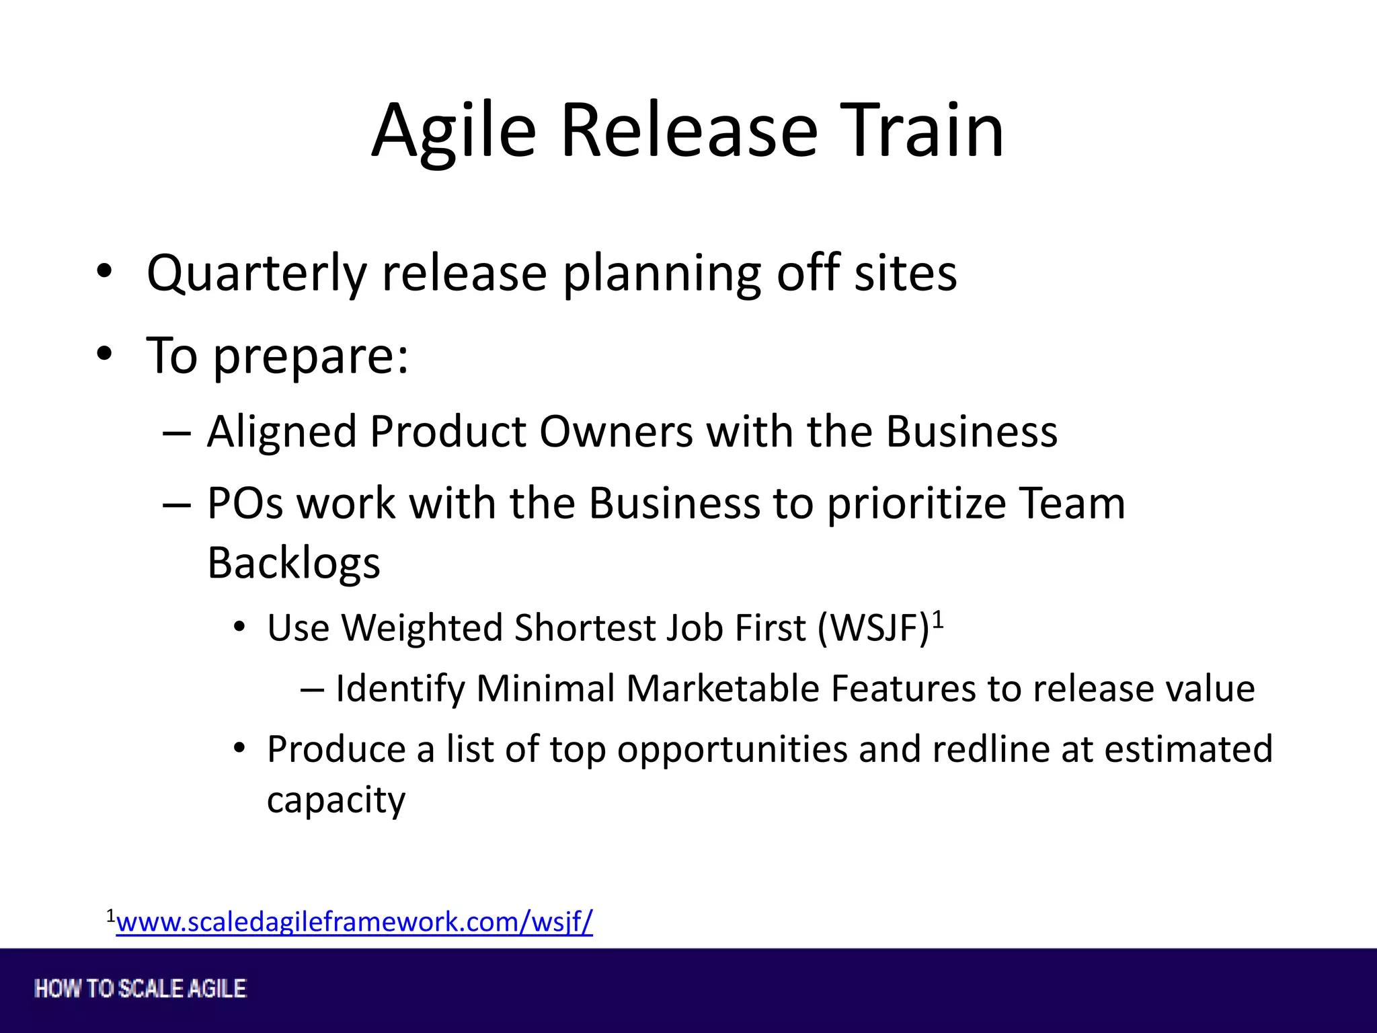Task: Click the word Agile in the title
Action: point(455,130)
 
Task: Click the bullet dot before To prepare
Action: point(104,353)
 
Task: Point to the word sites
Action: point(905,273)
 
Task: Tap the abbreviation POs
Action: point(245,504)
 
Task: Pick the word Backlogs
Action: point(294,563)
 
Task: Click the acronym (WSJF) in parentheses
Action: point(873,629)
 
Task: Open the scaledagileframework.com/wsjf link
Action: point(354,922)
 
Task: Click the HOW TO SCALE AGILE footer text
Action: point(141,989)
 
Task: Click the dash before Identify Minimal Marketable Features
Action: point(312,689)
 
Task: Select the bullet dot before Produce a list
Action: point(239,749)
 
